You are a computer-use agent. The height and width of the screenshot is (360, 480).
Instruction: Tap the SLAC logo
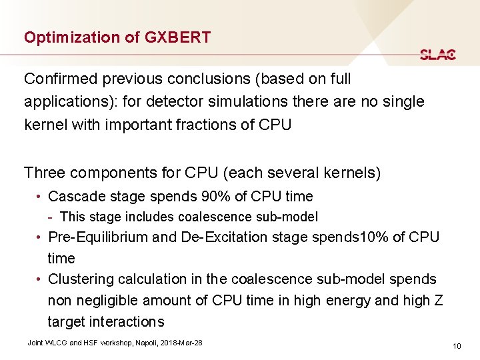[438, 55]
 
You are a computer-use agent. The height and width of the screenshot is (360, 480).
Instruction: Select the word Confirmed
[58, 79]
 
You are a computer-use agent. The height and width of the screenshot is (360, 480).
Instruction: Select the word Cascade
[75, 197]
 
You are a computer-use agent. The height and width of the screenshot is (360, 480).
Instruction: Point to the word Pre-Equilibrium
[99, 237]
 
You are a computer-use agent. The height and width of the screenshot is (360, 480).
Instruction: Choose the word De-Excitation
[231, 237]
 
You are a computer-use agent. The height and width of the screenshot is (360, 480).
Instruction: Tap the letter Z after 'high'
[438, 300]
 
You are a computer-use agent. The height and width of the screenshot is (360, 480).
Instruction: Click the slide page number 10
[457, 345]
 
